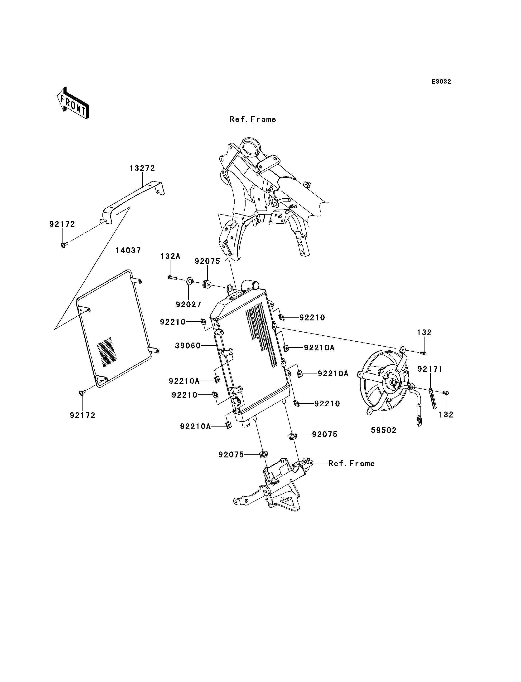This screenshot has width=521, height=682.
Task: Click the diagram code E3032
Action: [441, 82]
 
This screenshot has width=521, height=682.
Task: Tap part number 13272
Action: [142, 168]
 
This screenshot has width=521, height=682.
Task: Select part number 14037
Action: [128, 250]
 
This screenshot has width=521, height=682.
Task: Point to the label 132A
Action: [170, 256]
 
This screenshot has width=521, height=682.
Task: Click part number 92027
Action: [188, 305]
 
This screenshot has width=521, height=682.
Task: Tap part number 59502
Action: [384, 431]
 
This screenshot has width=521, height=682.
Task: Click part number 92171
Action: [430, 369]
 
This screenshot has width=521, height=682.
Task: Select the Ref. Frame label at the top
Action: [253, 119]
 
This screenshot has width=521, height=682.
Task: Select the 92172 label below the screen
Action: [82, 416]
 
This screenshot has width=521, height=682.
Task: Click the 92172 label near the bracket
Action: [62, 224]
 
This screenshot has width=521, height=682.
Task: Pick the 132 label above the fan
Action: [424, 333]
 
